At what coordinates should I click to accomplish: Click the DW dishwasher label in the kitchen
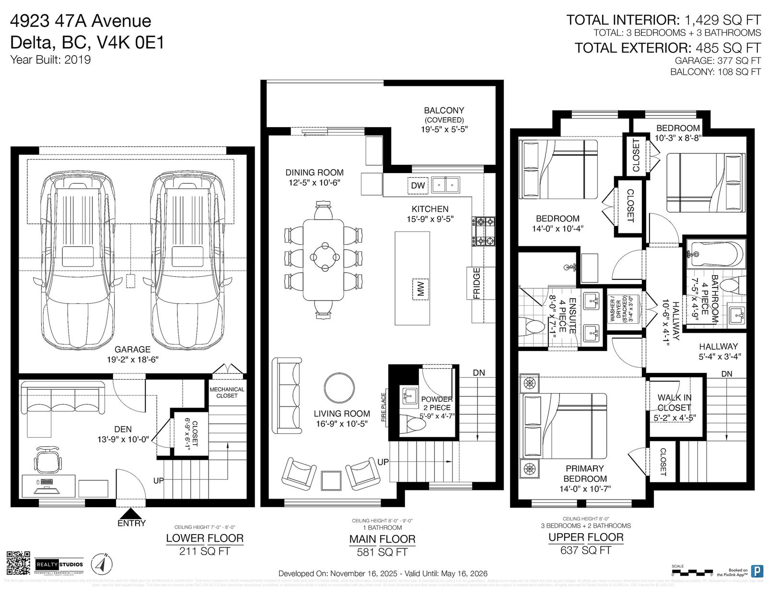418,186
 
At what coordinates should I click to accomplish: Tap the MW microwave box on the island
420,289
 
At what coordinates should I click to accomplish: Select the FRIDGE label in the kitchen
477,283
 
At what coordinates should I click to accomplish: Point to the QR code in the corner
18,564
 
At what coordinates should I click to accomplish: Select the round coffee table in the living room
339,388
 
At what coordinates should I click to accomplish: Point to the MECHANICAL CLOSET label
227,393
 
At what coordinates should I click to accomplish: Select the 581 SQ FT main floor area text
382,552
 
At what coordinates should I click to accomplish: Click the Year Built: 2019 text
50,60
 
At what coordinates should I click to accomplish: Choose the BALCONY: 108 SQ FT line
715,72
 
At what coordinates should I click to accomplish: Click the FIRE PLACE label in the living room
383,407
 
